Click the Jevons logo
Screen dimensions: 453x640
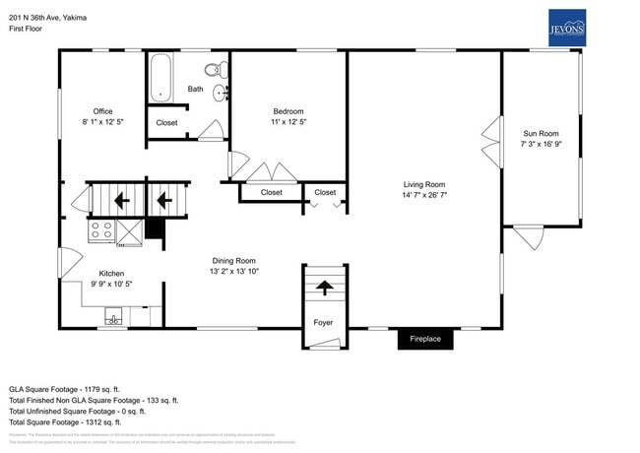pyautogui.click(x=566, y=28)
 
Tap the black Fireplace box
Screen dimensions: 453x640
pyautogui.click(x=425, y=339)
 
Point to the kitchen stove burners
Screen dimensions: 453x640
pyautogui.click(x=100, y=230)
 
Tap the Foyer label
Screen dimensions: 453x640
pyautogui.click(x=323, y=322)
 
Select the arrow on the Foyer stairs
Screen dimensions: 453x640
pyautogui.click(x=323, y=288)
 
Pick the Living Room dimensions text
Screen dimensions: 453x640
pyautogui.click(x=424, y=195)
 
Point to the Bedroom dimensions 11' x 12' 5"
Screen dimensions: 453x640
pyautogui.click(x=288, y=122)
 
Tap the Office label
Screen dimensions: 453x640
pyautogui.click(x=103, y=111)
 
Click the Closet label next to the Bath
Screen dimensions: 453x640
pyautogui.click(x=167, y=123)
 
